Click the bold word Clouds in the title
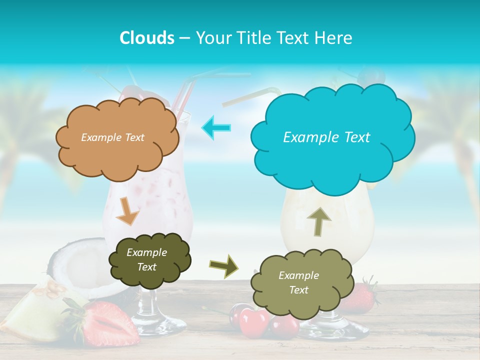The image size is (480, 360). coord(146,38)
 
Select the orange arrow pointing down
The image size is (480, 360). coord(127,210)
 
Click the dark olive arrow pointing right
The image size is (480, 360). coord(223,265)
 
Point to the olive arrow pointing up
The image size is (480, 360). coord(319,221)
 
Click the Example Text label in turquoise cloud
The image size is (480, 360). coord(326,137)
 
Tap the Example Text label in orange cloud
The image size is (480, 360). coord(112,137)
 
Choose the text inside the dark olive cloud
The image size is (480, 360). coord(146,260)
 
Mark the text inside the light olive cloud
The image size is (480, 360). coord(298,282)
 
